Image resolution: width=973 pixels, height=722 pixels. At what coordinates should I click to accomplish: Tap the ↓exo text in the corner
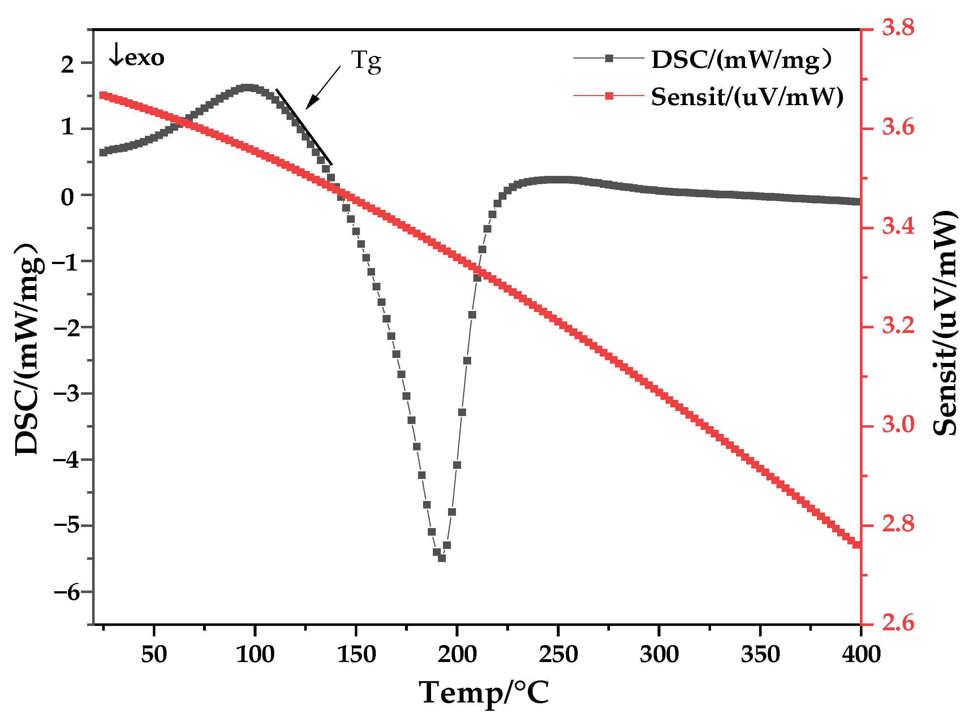tap(137, 57)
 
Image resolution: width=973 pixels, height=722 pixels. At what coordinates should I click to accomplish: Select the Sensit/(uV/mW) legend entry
tap(746, 96)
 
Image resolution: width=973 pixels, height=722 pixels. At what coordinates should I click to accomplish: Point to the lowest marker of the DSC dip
tap(442, 558)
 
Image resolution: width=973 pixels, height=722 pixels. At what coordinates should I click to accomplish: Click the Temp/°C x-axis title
tap(483, 693)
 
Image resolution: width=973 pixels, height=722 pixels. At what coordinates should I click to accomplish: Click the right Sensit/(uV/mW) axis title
tap(945, 323)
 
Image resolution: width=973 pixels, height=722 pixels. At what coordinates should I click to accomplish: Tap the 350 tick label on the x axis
tap(760, 654)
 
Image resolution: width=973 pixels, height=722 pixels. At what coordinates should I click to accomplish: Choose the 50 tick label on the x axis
tap(154, 654)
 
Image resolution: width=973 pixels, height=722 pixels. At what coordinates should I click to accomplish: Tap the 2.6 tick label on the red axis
tap(898, 622)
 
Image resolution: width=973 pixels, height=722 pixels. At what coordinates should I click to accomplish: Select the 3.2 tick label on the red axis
tap(898, 325)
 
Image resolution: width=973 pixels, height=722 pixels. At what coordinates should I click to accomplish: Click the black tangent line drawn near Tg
tap(304, 127)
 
